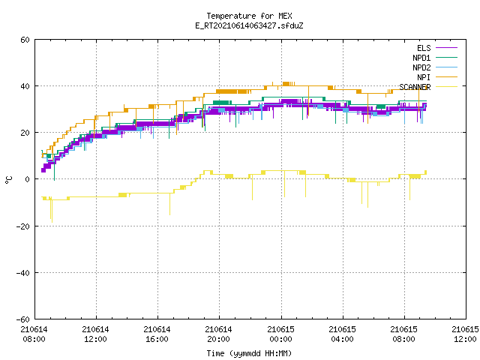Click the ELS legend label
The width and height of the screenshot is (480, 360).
424,48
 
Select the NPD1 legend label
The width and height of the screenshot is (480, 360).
421,58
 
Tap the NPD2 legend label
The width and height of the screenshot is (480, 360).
421,67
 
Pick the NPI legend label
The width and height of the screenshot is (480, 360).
424,77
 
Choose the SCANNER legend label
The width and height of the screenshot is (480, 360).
415,87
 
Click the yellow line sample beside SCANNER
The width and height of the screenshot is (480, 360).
446,87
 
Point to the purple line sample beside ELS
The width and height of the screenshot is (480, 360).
446,48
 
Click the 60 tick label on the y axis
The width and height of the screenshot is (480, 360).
25,40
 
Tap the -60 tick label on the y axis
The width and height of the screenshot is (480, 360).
23,319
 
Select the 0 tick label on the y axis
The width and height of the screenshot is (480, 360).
28,179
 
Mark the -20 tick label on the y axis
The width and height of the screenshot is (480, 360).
23,226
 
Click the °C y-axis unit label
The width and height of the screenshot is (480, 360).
9,180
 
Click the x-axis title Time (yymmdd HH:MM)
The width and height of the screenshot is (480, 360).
249,353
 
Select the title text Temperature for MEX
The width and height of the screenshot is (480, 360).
249,16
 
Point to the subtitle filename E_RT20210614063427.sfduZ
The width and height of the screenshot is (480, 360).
249,25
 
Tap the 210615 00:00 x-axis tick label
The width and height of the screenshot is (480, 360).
280,334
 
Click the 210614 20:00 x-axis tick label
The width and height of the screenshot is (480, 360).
218,334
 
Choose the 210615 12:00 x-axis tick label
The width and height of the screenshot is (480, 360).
465,334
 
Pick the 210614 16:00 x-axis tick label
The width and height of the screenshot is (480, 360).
157,334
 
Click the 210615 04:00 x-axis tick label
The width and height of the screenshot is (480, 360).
342,334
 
